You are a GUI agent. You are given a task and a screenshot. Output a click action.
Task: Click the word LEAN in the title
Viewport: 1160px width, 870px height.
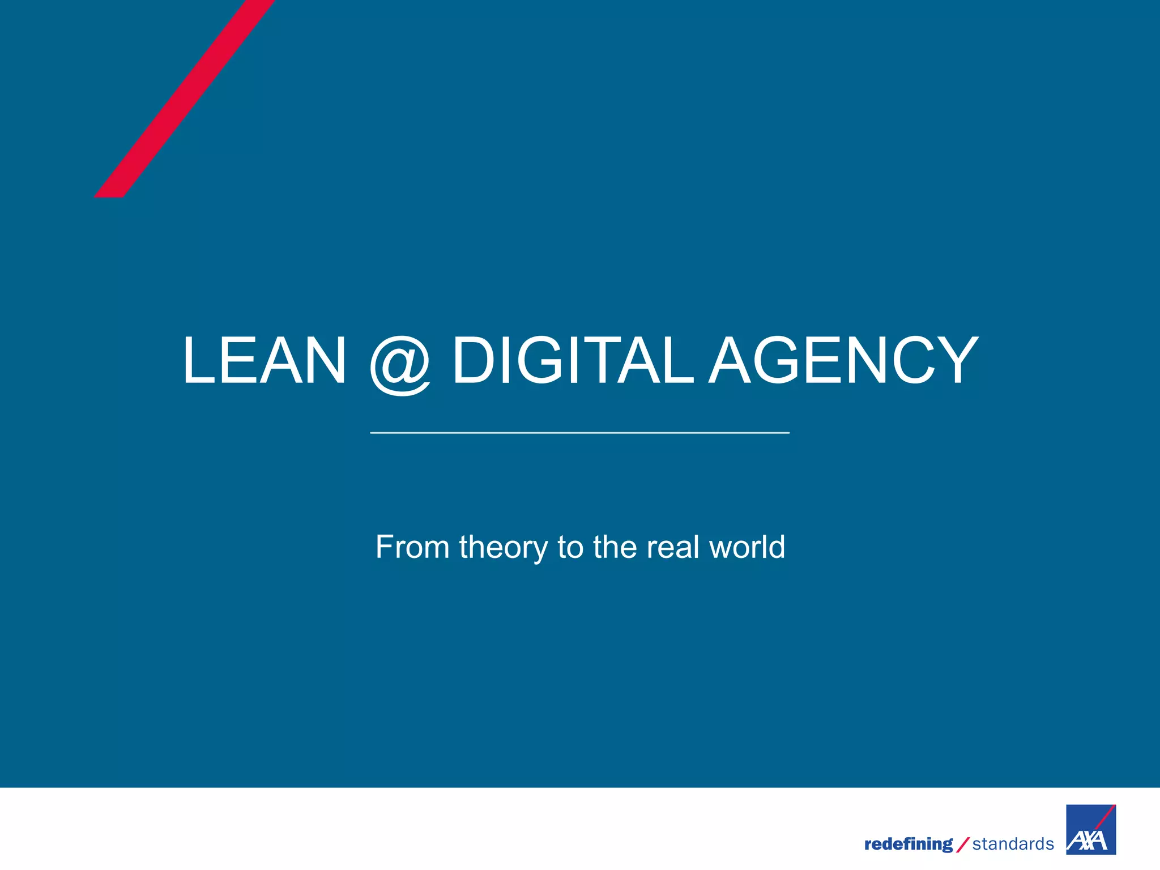(264, 361)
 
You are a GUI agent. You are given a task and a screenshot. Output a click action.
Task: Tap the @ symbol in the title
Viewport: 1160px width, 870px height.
(400, 364)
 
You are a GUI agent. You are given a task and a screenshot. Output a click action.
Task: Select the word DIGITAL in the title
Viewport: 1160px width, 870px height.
(572, 361)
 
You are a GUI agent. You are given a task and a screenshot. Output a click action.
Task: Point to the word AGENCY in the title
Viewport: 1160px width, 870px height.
(844, 361)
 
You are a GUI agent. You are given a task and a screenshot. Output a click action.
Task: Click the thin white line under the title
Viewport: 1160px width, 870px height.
(579, 433)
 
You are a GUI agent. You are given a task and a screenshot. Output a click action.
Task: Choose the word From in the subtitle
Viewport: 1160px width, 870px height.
(412, 547)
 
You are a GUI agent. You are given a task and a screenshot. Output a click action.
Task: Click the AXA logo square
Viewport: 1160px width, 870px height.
(1091, 829)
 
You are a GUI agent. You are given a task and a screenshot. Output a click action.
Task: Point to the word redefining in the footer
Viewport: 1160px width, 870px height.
(908, 845)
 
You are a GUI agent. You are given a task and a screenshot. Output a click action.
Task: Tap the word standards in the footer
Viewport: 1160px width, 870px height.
(1013, 845)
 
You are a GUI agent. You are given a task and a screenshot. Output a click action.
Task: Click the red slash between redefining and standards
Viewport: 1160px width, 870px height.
(962, 845)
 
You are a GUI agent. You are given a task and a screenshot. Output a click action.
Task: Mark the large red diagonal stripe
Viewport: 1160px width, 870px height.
(184, 99)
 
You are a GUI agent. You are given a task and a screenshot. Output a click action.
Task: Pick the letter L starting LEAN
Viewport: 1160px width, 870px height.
(197, 361)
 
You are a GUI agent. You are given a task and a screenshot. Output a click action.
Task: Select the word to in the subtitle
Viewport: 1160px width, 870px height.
(570, 548)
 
